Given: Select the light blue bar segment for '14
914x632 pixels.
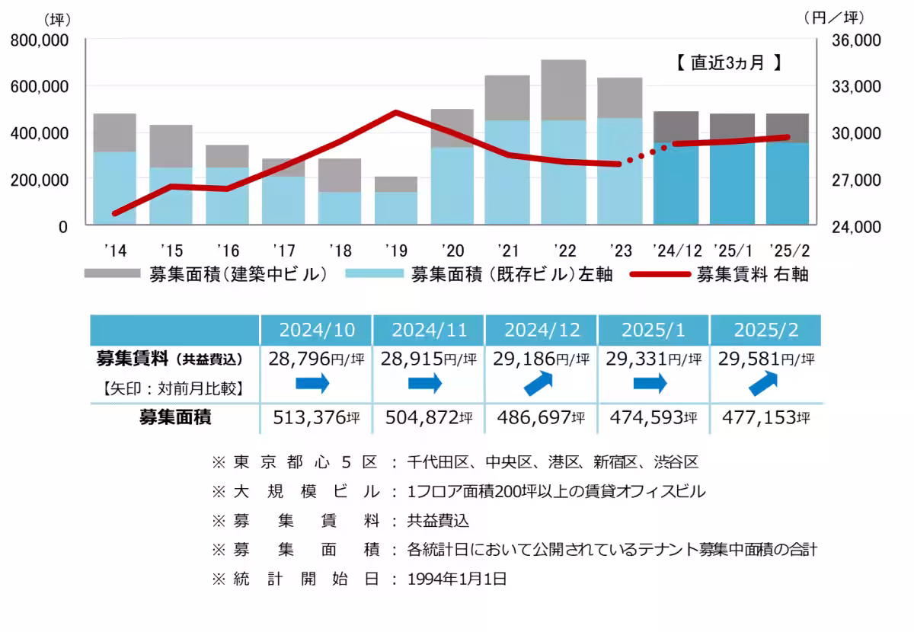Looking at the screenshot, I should click(114, 188).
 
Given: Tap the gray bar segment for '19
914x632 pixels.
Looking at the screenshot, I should click(395, 184).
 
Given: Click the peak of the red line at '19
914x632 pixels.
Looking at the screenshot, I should click(395, 113).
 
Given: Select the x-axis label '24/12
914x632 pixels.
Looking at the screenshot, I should click(676, 251).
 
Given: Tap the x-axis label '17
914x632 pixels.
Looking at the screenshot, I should click(283, 251).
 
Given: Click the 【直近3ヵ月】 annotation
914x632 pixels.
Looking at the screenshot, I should click(729, 63).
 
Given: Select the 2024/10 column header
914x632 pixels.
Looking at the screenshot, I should click(316, 330).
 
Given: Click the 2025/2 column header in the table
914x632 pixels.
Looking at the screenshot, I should click(766, 330).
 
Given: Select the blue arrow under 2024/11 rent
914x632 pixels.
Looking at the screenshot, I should click(426, 384).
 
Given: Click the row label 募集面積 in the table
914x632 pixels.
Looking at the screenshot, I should click(175, 417).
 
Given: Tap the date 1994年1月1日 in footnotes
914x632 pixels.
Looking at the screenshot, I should click(457, 579).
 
